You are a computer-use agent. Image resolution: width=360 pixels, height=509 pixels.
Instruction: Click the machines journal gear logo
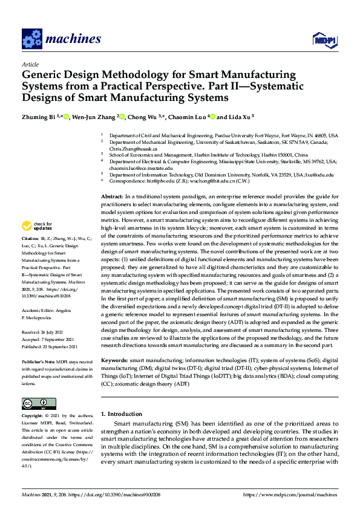(x=31, y=39)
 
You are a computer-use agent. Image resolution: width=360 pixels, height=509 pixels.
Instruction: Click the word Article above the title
(x=30, y=64)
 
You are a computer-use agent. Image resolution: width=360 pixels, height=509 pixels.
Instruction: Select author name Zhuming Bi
(x=41, y=117)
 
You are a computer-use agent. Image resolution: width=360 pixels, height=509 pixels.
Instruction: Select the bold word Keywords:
(x=114, y=360)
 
